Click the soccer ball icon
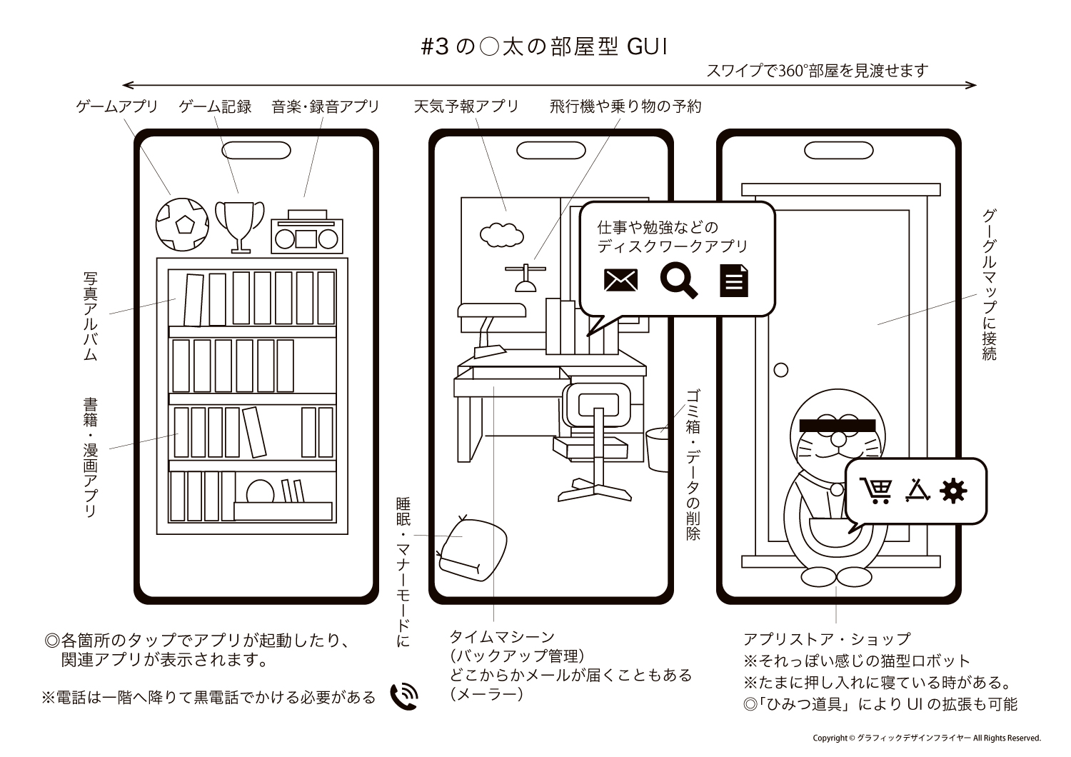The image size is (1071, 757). click(182, 224)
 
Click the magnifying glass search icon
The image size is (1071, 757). click(678, 280)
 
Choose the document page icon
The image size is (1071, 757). click(733, 280)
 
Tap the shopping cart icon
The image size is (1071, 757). click(877, 491)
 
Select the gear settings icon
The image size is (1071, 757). click(953, 491)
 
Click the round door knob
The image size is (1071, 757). click(781, 370)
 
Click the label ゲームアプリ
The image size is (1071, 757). click(116, 106)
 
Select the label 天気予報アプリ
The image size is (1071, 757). click(466, 106)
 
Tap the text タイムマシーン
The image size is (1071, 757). click(501, 636)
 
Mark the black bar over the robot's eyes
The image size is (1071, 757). click(837, 425)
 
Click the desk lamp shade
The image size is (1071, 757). click(492, 309)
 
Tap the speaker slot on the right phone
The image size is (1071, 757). click(838, 151)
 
